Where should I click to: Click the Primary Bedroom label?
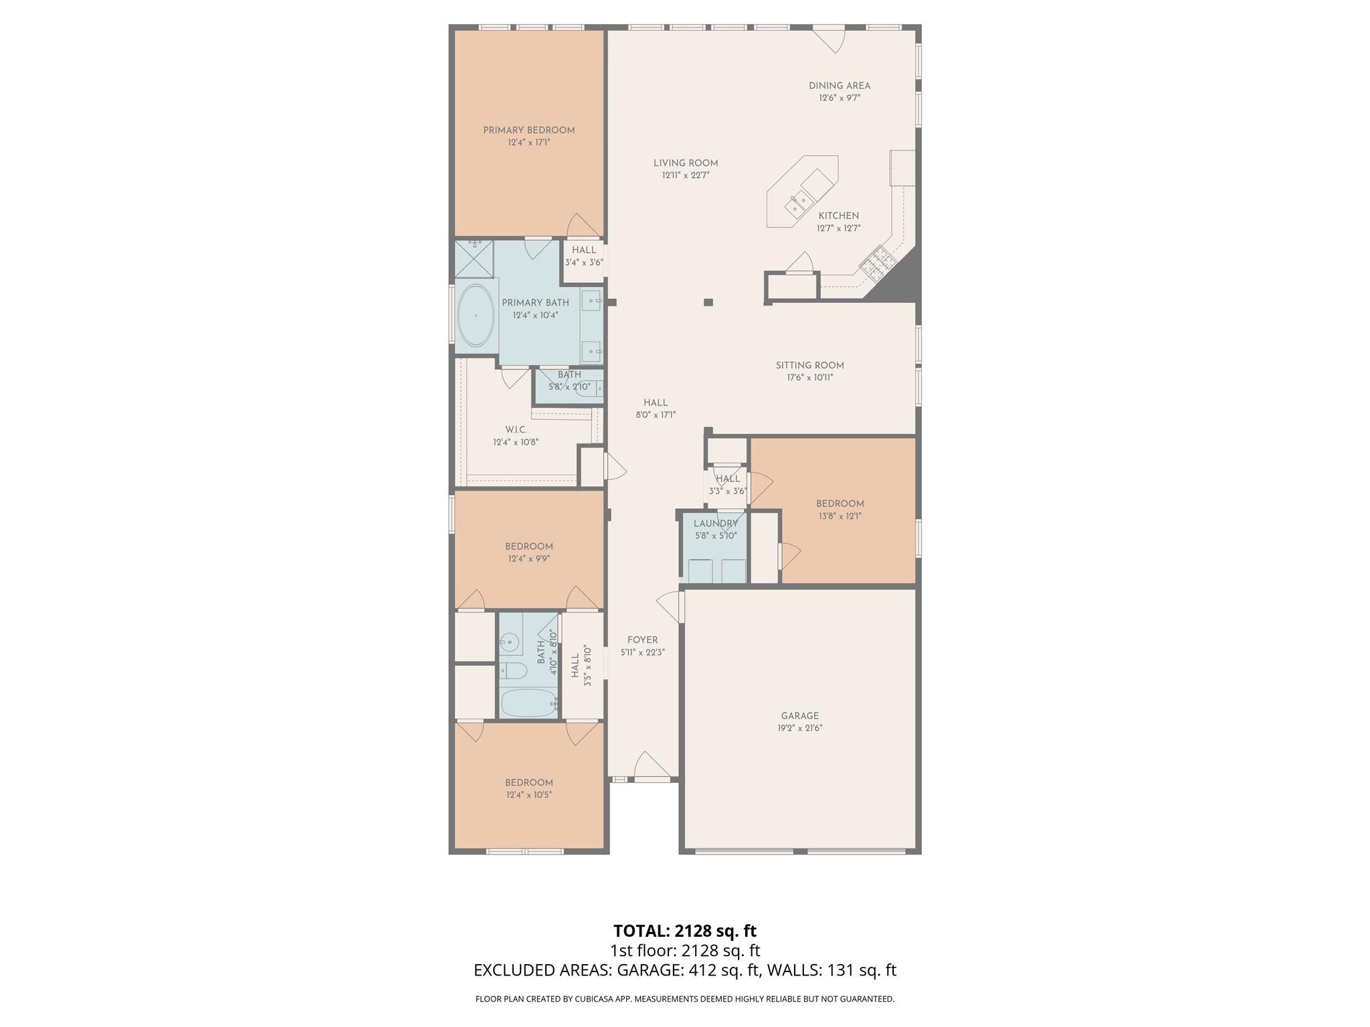pyautogui.click(x=528, y=130)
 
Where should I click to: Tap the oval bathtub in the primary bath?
pyautogui.click(x=476, y=316)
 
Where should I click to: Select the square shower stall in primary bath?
pyautogui.click(x=474, y=259)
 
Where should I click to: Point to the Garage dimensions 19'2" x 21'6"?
pyautogui.click(x=799, y=728)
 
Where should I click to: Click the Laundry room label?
pyautogui.click(x=715, y=524)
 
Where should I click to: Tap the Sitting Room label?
pyautogui.click(x=809, y=366)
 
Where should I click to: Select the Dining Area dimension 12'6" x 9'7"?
pyautogui.click(x=839, y=98)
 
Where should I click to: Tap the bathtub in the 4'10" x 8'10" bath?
pyautogui.click(x=528, y=703)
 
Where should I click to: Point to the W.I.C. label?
pyautogui.click(x=516, y=430)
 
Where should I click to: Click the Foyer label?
pyautogui.click(x=642, y=640)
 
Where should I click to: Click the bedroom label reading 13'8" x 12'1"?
pyautogui.click(x=840, y=504)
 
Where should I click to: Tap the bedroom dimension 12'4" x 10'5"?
pyautogui.click(x=528, y=795)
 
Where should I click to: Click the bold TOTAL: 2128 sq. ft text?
pyautogui.click(x=684, y=931)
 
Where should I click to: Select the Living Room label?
pyautogui.click(x=685, y=163)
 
